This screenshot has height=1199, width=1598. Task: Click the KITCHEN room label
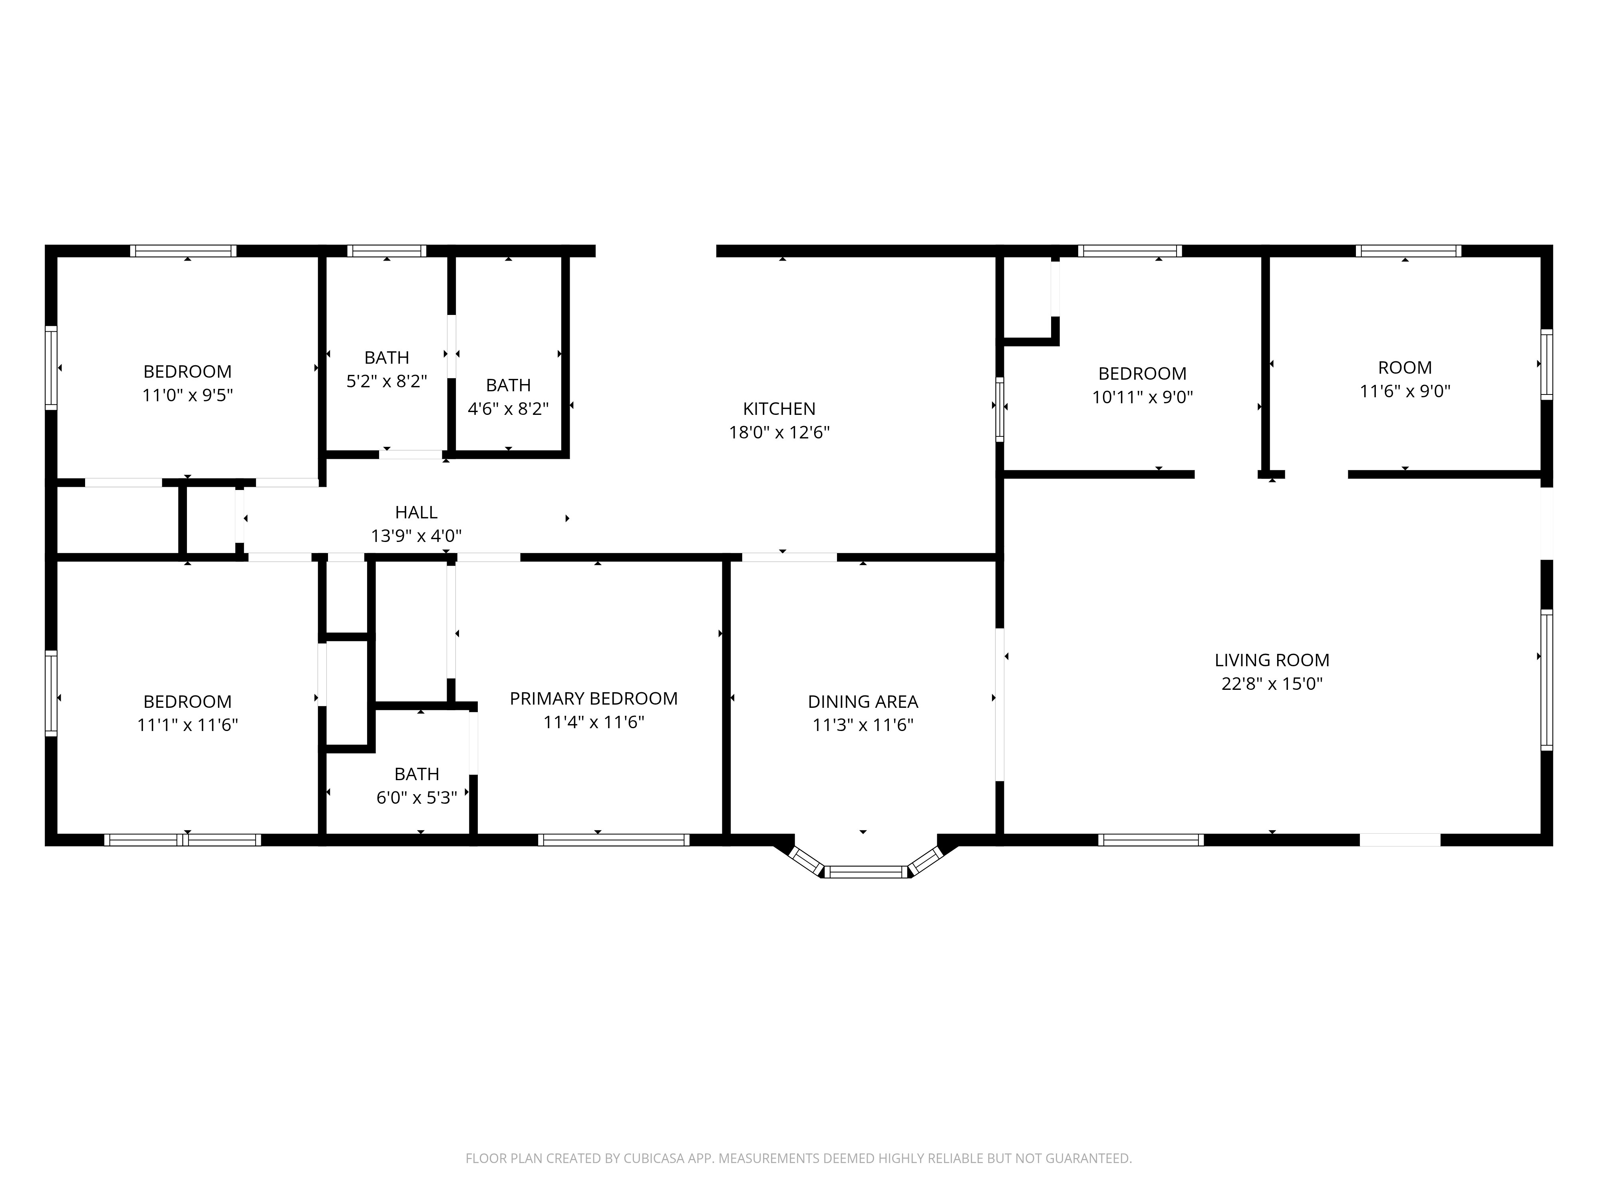pos(779,409)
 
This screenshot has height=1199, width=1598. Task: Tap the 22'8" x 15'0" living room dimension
pos(1272,684)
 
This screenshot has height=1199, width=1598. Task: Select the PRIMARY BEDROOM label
pos(593,699)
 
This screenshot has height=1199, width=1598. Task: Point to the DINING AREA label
pos(863,702)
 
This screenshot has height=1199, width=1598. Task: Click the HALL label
pos(416,512)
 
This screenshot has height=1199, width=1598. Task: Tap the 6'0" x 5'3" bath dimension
pos(417,798)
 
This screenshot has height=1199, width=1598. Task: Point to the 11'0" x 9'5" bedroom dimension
pos(187,395)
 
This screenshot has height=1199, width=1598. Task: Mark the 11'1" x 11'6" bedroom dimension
pos(187,725)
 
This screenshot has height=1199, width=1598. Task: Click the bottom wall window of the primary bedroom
pos(613,840)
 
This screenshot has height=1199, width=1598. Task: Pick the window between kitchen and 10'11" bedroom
pos(1000,409)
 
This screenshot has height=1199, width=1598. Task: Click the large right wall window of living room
pos(1546,679)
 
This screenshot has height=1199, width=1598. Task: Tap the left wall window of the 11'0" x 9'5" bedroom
pos(51,367)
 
